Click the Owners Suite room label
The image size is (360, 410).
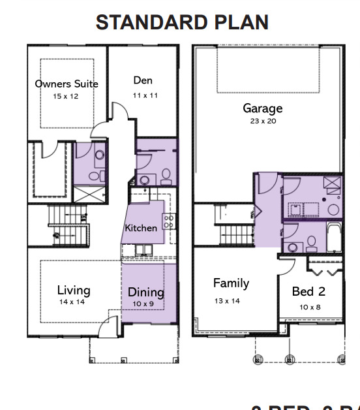(67, 84)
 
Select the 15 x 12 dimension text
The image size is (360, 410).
(67, 96)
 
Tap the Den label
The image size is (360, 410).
(143, 80)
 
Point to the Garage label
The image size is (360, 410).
(263, 108)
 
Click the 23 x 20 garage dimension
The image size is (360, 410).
(263, 121)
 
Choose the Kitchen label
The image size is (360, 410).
(141, 228)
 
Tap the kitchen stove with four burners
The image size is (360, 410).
(168, 221)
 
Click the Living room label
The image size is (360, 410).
(73, 291)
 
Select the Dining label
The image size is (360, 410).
(145, 292)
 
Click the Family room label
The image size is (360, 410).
(231, 283)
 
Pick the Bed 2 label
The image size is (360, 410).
(308, 292)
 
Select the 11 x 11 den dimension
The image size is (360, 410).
(143, 95)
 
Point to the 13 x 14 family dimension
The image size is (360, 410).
(227, 300)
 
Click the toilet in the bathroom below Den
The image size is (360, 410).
(166, 175)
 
